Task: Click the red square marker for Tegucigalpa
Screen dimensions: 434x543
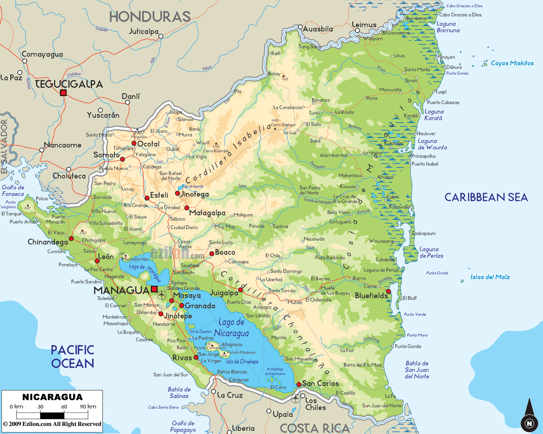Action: click(x=63, y=93)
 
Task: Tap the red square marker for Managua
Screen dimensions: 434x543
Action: click(x=154, y=289)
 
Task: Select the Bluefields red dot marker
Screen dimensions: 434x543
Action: click(x=388, y=291)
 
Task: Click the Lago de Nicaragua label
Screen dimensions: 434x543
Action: click(x=232, y=328)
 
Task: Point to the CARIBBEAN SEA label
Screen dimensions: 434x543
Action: click(x=486, y=197)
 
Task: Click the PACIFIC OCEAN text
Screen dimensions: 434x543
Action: click(x=73, y=356)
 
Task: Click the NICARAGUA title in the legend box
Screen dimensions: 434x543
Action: click(x=52, y=397)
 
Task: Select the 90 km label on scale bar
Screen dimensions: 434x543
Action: click(x=88, y=406)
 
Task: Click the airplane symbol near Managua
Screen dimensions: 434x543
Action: click(x=162, y=295)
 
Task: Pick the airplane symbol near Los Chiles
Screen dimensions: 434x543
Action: click(x=295, y=398)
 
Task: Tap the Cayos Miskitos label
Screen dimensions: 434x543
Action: click(x=512, y=63)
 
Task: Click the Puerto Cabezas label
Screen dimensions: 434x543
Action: click(x=443, y=102)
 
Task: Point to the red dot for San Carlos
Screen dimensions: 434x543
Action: click(x=299, y=384)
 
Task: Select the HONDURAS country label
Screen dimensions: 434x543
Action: click(x=150, y=17)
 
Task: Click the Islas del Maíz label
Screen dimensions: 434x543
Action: click(x=490, y=277)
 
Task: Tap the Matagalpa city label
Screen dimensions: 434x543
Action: click(x=207, y=213)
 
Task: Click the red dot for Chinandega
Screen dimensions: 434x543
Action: click(x=71, y=239)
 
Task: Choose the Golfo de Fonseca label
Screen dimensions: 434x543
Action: click(x=13, y=191)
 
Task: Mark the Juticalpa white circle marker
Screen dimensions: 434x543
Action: click(x=161, y=36)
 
